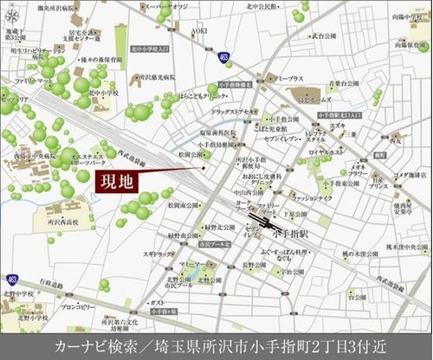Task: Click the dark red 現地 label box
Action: pyautogui.click(x=114, y=183)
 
